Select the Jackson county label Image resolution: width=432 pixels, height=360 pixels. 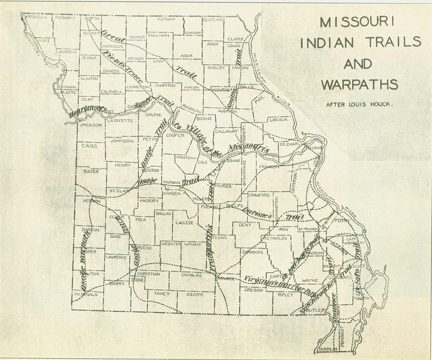[90, 125]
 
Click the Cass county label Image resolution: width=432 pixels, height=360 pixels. [88, 145]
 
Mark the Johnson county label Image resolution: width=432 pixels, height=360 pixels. [121, 141]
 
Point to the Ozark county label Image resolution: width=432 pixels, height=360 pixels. [195, 294]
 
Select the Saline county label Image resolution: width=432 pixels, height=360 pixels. [151, 115]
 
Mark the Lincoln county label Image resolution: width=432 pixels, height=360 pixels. [278, 119]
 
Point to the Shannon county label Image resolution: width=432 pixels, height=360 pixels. [252, 252]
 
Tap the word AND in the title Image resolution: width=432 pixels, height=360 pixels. [359, 64]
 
